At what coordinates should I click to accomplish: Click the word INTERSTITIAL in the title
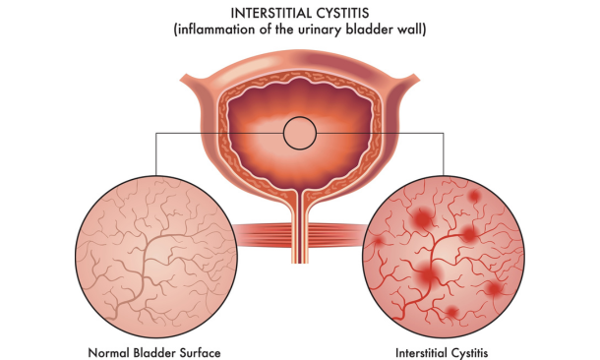269,14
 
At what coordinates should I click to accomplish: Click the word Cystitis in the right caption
469,352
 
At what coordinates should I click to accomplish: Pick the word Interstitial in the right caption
421,352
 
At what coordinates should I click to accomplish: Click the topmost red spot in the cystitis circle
474,197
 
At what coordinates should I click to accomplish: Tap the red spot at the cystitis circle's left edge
378,241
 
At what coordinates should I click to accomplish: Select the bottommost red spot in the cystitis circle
451,312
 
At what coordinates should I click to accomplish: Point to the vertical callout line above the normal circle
155,154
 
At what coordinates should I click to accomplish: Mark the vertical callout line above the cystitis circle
444,154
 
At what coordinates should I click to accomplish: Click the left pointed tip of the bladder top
180,80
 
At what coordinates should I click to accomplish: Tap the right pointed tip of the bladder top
420,80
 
